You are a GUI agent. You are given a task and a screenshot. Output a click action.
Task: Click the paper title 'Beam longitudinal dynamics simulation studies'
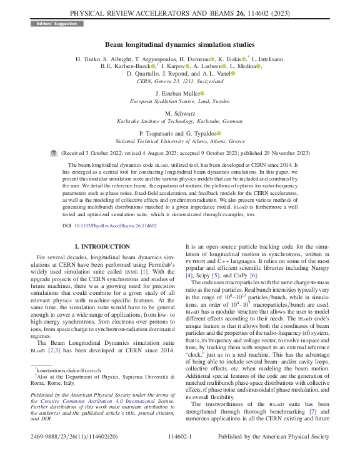[x=180, y=44]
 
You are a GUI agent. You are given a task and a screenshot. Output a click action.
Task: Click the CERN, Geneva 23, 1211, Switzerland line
[x=179, y=81]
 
